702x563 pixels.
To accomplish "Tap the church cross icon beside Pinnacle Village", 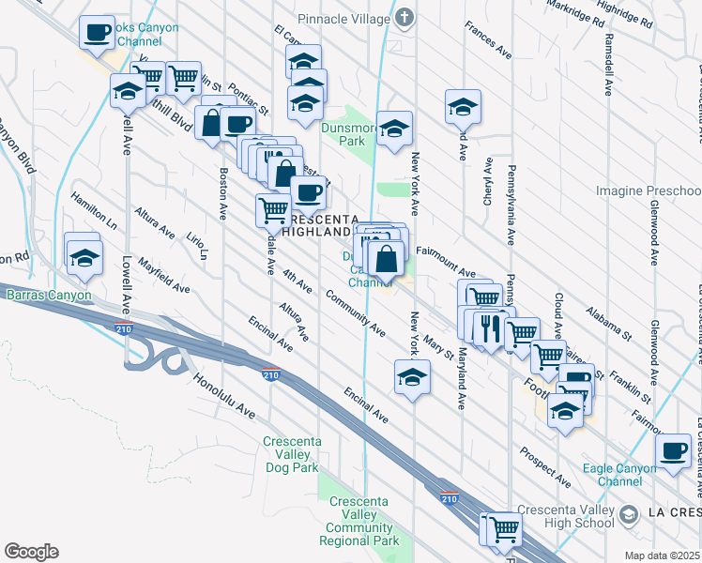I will (x=404, y=18).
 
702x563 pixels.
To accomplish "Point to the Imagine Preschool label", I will (x=648, y=190).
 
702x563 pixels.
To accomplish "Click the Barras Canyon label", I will (x=50, y=295).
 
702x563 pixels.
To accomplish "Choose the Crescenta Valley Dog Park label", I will (x=293, y=453).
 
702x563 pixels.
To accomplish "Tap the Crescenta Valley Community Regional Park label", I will (x=364, y=521).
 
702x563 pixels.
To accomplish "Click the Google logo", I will (x=31, y=552).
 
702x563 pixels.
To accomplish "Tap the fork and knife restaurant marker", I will (x=487, y=326).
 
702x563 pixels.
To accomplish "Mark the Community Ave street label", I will (x=356, y=312).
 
